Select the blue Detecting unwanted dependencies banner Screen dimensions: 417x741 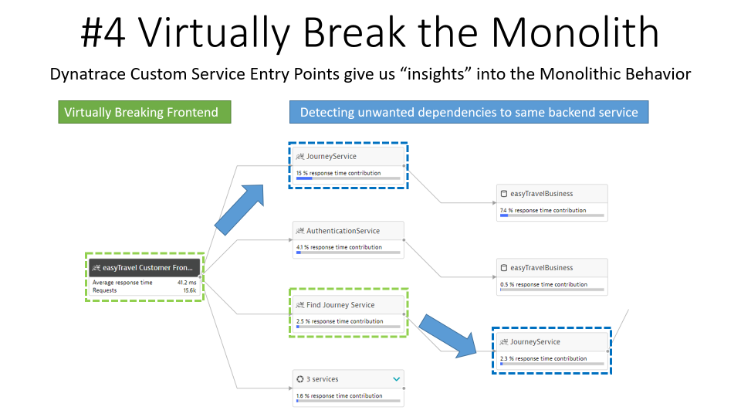pos(469,113)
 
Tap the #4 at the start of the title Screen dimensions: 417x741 pos(107,34)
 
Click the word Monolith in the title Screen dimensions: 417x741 pos(574,34)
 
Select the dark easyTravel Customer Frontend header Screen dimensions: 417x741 pos(144,268)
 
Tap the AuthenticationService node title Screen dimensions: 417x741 pos(343,231)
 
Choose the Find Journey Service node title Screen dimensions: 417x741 pos(340,305)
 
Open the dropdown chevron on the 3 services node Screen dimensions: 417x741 pos(397,379)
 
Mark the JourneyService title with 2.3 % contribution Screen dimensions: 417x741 pos(535,342)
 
